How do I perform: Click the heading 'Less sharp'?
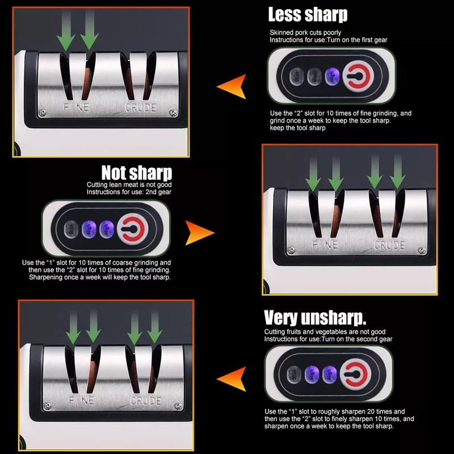[x=308, y=15]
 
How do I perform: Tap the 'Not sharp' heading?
[x=137, y=173]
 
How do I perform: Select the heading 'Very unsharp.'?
[x=315, y=318]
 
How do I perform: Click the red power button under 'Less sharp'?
[x=358, y=76]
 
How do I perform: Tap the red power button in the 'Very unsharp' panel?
[x=356, y=374]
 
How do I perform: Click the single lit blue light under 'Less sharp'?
[x=332, y=77]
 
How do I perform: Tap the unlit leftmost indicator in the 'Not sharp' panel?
[x=72, y=229]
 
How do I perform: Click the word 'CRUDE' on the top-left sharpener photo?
[x=140, y=108]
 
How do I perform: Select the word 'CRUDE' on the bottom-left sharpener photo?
[x=146, y=401]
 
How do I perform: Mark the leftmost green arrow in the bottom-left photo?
[x=73, y=327]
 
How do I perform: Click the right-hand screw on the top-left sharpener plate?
[x=174, y=113]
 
